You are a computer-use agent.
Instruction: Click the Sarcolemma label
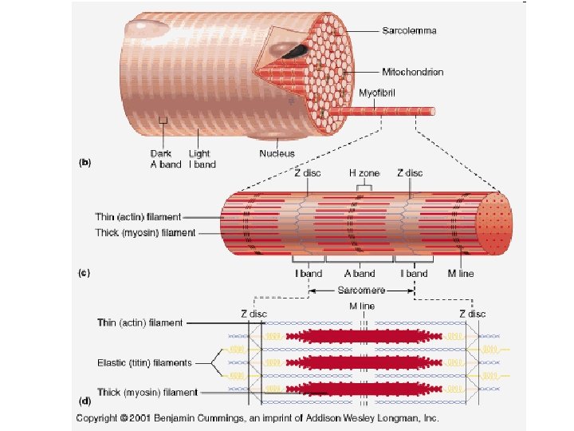tap(415, 31)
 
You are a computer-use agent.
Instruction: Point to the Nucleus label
tap(277, 153)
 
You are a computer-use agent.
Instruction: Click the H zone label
tap(364, 173)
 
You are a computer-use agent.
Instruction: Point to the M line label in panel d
tap(362, 306)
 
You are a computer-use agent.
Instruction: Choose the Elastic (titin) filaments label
tap(144, 362)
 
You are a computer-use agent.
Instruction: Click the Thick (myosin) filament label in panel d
tap(146, 392)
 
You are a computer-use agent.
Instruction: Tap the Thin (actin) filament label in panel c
tap(138, 216)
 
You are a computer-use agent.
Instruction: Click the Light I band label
tap(202, 159)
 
